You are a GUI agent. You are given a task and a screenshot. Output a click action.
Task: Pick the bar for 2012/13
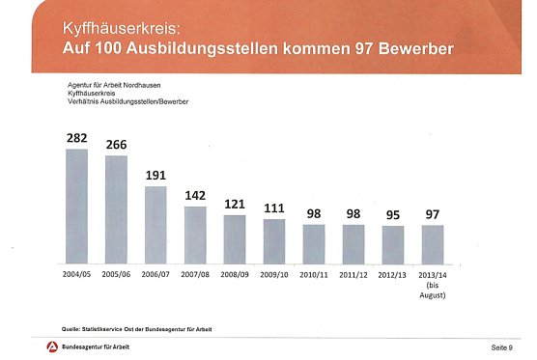(x=392, y=245)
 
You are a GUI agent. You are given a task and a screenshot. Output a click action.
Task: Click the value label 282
(x=76, y=138)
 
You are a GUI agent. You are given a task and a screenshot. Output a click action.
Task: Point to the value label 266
(x=116, y=145)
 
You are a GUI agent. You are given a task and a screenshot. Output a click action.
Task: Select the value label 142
(x=195, y=195)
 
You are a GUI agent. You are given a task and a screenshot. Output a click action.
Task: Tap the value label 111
(x=274, y=208)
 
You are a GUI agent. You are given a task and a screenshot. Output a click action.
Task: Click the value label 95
(x=392, y=214)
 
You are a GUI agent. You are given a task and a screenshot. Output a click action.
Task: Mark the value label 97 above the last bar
(x=432, y=213)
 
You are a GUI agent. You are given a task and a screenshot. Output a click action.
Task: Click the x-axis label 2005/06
(x=116, y=275)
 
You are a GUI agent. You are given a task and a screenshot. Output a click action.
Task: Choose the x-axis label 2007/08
(x=195, y=275)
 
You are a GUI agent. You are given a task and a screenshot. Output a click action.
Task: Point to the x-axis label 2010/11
(x=314, y=275)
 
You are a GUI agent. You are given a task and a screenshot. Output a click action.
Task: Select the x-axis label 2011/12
(x=353, y=275)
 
